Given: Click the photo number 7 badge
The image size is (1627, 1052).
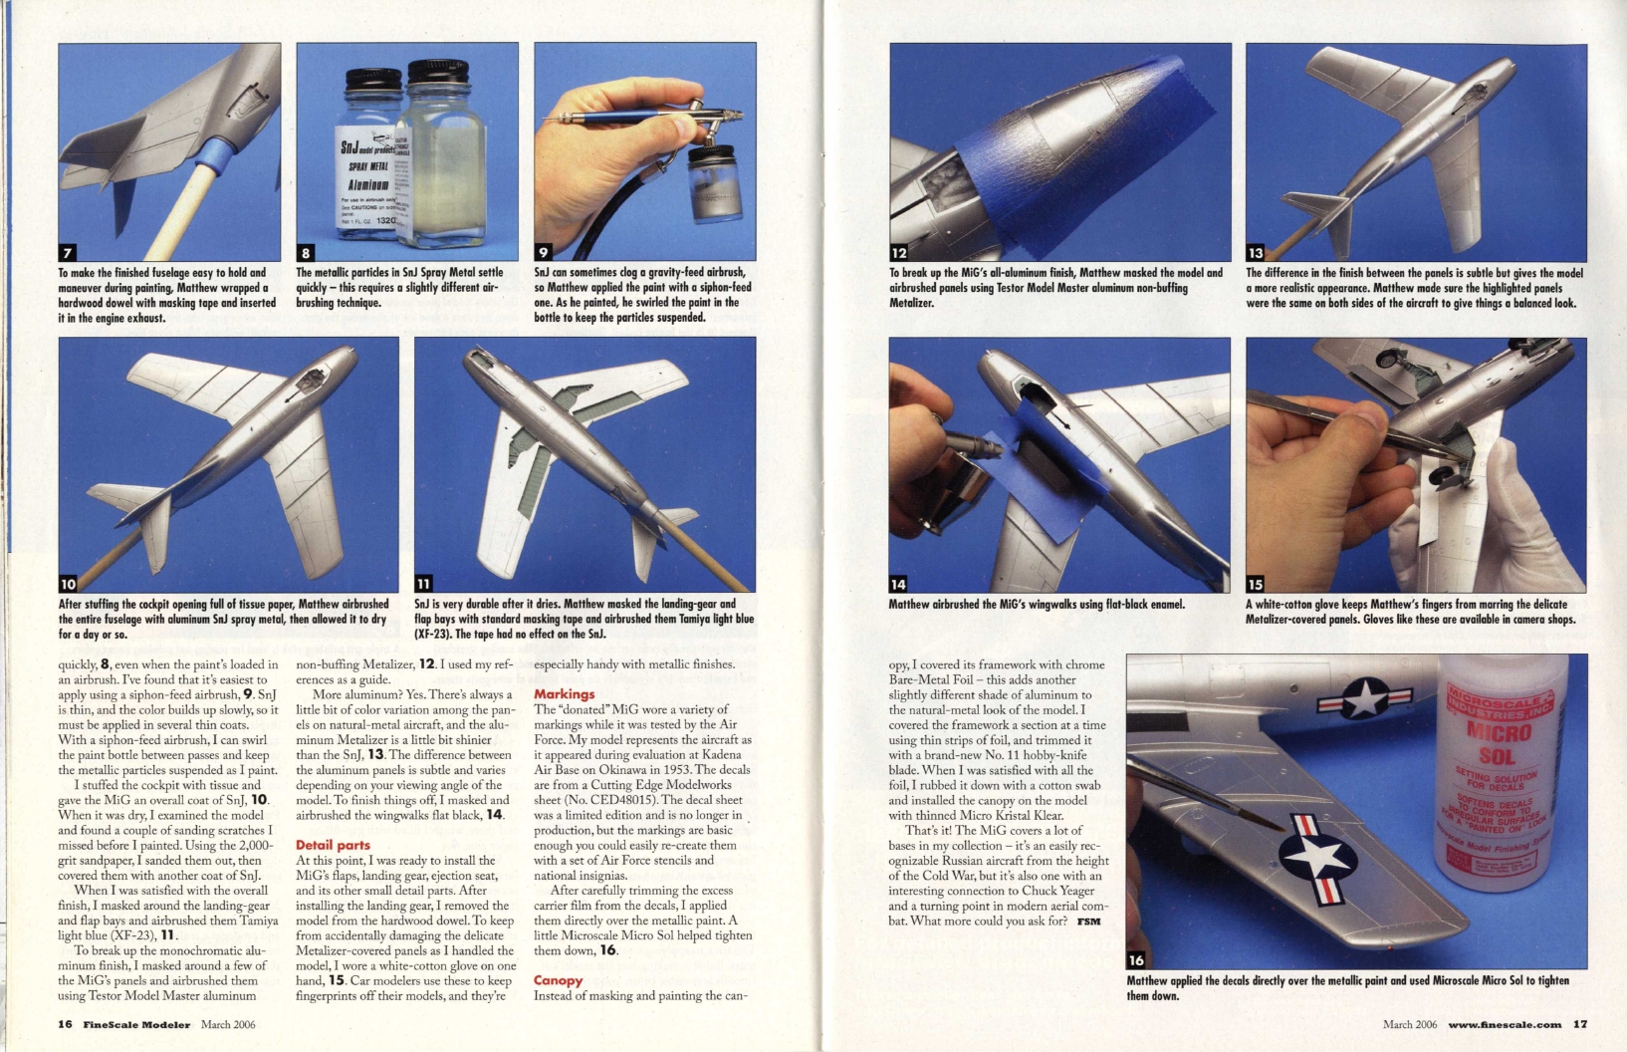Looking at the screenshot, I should click(x=68, y=252).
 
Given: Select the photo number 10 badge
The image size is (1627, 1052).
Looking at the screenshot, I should click(x=68, y=584).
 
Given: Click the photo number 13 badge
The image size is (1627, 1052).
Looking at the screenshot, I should click(x=1256, y=253).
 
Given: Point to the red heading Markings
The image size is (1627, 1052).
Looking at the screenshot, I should click(x=564, y=693).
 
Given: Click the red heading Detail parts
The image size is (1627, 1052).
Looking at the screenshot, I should click(x=333, y=845).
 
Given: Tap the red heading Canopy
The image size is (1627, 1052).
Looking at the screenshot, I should click(x=558, y=980).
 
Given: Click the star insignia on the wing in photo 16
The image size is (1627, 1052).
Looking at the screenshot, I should click(x=1317, y=857).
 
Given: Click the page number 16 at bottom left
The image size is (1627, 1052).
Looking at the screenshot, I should click(x=65, y=1024).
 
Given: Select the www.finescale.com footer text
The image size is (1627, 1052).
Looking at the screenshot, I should click(x=1505, y=1024).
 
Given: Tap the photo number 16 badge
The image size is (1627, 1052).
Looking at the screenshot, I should click(x=1136, y=959).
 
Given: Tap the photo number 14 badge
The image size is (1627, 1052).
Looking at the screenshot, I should click(x=899, y=584).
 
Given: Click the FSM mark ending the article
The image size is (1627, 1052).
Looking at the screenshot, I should click(x=1088, y=921).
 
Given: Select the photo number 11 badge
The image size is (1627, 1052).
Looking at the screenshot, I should click(x=424, y=584).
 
